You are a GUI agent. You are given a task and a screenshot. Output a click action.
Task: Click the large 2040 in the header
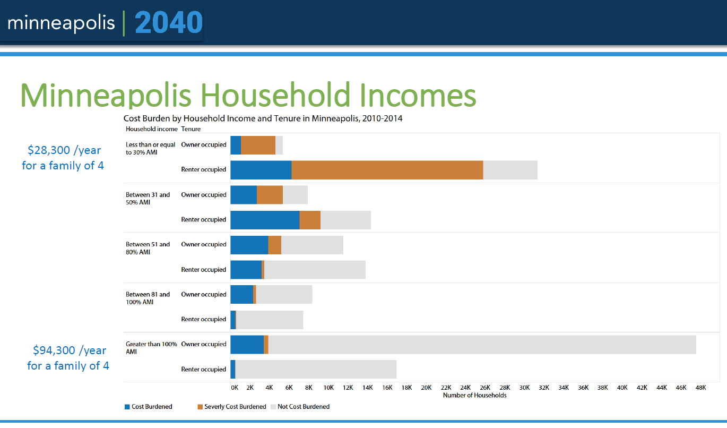169,23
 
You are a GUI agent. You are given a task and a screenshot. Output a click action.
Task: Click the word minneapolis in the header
61,23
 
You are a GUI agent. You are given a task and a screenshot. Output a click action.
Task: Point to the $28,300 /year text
64,150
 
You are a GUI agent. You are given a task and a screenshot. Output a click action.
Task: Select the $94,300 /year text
69,350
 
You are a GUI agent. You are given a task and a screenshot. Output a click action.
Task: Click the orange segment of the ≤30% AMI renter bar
387,170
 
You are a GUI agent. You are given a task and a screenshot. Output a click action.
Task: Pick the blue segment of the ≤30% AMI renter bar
261,170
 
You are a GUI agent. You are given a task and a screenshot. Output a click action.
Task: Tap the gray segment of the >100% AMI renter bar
316,370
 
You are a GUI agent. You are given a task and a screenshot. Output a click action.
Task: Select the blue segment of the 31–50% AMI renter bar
265,220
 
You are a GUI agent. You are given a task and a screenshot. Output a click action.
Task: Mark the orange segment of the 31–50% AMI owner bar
270,195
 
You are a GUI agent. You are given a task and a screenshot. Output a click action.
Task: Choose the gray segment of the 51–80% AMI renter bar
315,270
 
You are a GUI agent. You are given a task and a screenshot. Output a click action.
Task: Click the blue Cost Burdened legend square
127,407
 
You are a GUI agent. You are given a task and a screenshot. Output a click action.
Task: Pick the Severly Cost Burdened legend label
235,407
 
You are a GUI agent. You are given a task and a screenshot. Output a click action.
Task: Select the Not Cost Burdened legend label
304,407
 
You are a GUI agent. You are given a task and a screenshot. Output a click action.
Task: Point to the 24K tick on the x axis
465,388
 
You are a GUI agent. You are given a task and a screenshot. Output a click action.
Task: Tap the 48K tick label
700,388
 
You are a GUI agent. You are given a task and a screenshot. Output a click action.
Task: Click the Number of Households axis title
474,395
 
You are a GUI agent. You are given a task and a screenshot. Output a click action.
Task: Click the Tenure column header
191,129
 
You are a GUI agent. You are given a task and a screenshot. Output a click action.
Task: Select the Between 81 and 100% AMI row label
148,298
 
